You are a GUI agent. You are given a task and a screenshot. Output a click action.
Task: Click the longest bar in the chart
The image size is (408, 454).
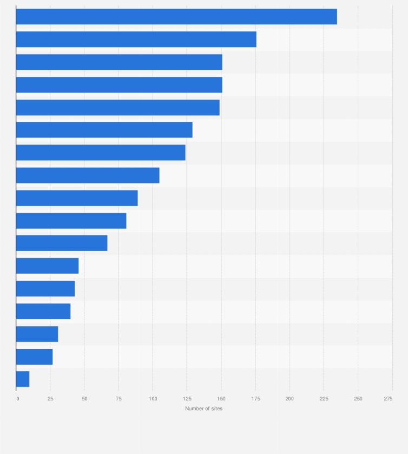point(176,17)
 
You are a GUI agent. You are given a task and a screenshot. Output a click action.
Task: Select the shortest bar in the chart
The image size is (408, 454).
point(23,379)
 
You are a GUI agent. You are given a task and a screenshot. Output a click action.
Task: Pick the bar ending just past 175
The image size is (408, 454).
point(136,40)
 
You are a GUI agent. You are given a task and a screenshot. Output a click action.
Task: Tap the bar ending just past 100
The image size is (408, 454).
point(88,175)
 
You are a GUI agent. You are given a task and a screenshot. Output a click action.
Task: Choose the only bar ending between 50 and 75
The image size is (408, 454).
point(62,244)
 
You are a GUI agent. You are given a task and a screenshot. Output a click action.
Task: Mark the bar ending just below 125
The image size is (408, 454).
point(101,153)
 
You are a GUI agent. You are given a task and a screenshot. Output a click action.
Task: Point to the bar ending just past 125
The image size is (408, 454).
point(104,130)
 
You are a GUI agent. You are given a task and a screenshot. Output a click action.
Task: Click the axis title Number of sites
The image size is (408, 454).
point(203,409)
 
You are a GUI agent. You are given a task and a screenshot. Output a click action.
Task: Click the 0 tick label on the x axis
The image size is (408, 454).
point(17,399)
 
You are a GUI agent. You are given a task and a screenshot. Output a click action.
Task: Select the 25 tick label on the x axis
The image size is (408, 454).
point(50,399)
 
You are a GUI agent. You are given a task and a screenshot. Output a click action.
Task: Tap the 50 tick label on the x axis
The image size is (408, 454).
point(84,399)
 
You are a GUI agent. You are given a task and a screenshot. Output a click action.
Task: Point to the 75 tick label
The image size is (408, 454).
point(119,399)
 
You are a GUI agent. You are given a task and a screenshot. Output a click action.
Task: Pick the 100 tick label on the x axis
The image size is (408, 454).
point(153,399)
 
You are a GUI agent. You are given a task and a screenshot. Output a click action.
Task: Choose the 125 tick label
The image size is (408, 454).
point(187,399)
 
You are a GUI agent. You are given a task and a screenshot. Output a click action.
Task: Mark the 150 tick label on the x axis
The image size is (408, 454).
point(221,399)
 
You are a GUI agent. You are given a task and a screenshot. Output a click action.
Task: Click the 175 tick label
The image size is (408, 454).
point(255,399)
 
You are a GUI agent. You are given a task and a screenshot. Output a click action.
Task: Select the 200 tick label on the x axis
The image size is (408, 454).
point(289,399)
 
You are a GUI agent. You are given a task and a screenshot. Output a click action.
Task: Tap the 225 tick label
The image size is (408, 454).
point(324,399)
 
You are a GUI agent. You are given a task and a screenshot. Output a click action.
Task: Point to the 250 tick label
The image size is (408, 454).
point(358,399)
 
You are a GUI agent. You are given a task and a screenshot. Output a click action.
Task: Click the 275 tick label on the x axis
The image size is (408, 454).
point(389,399)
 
